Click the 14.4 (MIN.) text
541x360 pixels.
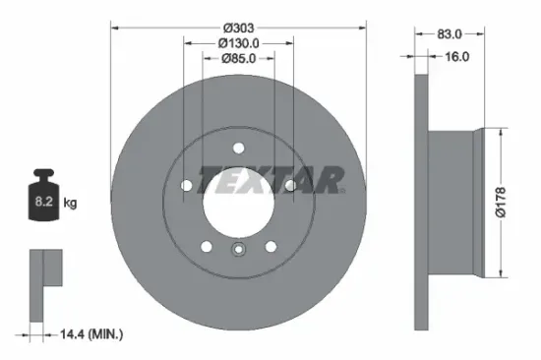coord(91,334)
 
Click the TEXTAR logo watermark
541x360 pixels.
coord(271,179)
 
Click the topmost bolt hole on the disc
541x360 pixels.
coord(238,150)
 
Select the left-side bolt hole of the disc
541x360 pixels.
coord(186,184)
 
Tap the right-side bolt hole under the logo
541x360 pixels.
coord(289,185)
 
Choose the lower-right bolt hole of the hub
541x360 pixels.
coord(270,246)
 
